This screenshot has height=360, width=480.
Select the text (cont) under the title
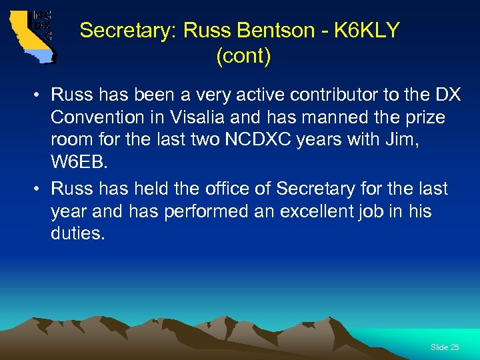[x=243, y=57]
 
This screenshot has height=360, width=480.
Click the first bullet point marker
[x=38, y=95]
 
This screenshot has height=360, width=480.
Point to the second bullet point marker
[x=38, y=189]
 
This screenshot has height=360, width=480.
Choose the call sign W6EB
[x=77, y=164]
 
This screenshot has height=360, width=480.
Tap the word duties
[x=77, y=234]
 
